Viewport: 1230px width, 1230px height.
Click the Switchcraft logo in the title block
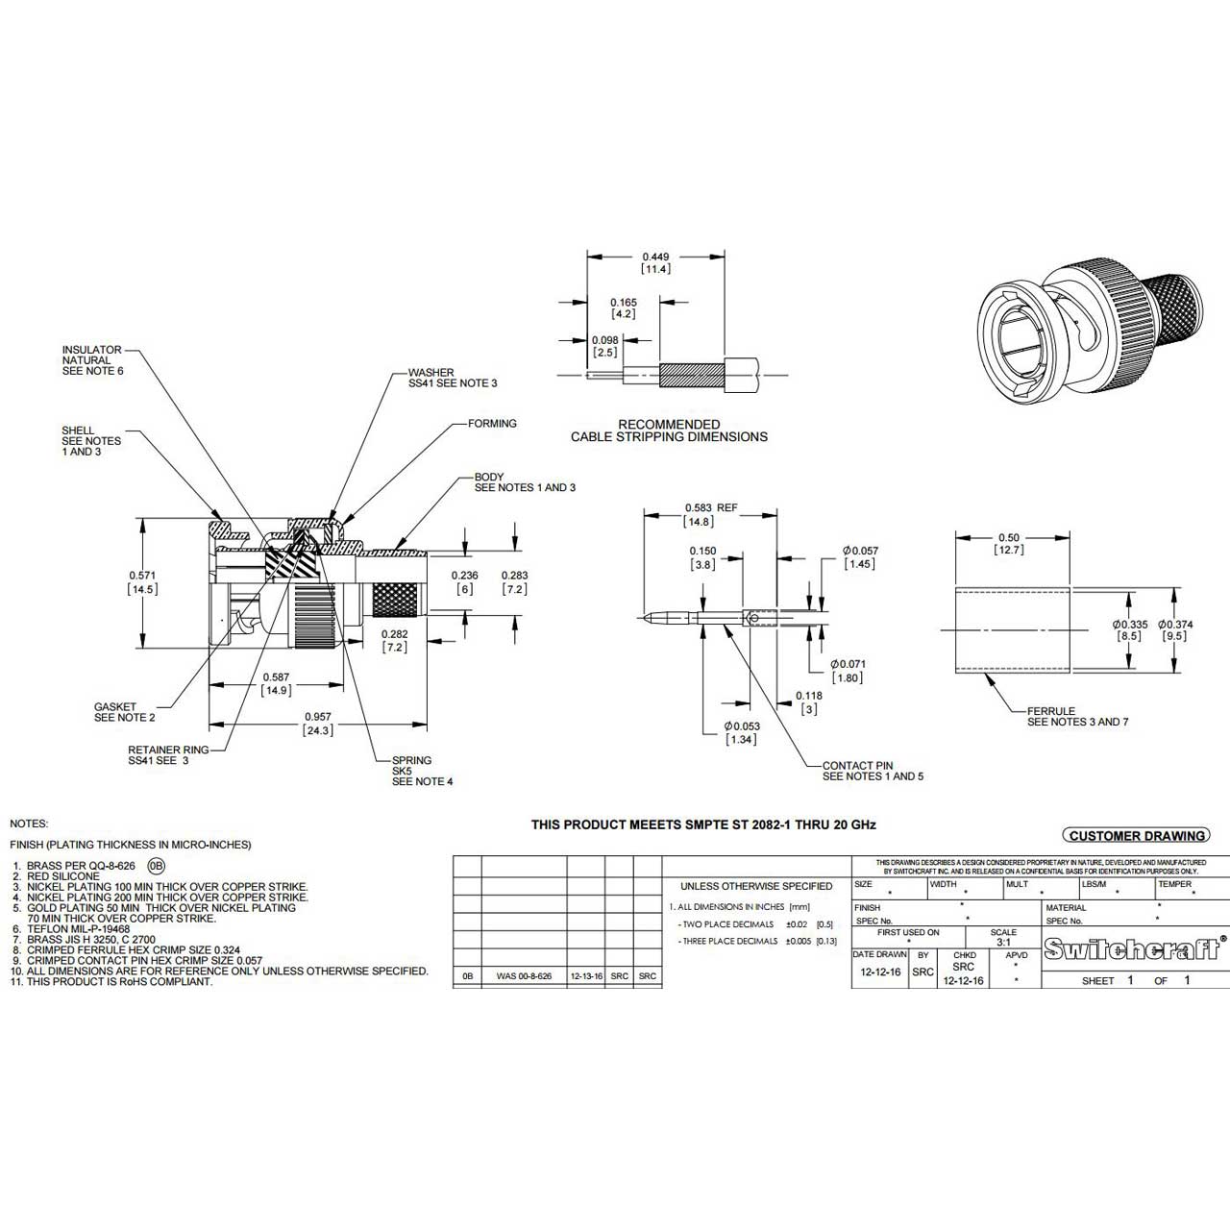coord(1133,950)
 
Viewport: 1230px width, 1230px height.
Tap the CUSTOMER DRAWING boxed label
coord(1137,836)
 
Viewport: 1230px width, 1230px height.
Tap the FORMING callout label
coord(492,423)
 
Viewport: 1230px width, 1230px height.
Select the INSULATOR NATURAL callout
coord(92,360)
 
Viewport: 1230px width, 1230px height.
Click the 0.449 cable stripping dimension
coord(656,257)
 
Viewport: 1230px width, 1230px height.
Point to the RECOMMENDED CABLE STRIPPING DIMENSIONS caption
coord(669,430)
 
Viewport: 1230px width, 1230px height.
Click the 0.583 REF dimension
coord(710,507)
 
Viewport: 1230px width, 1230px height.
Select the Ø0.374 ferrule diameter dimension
coord(1176,625)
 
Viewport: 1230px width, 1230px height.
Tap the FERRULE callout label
coord(1077,717)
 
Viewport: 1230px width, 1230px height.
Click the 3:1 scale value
coord(1003,943)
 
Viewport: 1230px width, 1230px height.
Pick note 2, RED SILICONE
coord(63,876)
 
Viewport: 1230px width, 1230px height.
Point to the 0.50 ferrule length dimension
coord(1010,537)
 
